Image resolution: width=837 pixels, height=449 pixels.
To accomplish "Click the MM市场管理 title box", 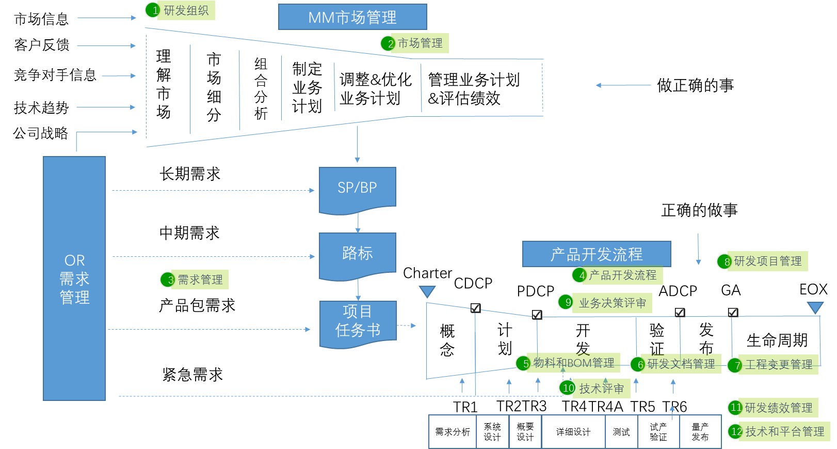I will (x=352, y=17).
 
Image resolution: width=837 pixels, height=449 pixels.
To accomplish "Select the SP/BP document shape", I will (x=357, y=189).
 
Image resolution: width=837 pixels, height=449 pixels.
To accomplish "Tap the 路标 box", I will (x=357, y=254).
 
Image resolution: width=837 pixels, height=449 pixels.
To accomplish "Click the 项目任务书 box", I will (x=358, y=322).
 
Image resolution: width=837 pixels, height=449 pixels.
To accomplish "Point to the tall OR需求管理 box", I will (x=74, y=278).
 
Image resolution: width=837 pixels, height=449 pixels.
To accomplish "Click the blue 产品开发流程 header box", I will (x=597, y=254).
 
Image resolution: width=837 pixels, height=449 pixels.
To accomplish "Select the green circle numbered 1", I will (x=153, y=10).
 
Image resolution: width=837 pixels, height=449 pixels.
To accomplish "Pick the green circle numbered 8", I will (x=725, y=261).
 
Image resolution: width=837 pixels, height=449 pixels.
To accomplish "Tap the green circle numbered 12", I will (x=735, y=431).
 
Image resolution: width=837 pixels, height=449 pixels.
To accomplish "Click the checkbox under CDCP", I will (x=476, y=308).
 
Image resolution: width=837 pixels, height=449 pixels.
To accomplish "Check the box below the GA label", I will (x=733, y=312).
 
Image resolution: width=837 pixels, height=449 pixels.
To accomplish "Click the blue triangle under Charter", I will (x=427, y=292).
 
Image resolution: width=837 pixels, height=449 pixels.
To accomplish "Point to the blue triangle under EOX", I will (x=815, y=308).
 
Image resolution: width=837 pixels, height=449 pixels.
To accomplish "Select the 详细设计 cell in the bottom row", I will (x=573, y=432).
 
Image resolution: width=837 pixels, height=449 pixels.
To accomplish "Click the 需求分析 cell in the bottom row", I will (x=453, y=432).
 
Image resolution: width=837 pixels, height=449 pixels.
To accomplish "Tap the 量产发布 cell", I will (x=700, y=432).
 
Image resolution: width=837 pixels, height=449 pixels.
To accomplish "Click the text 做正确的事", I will (x=695, y=85).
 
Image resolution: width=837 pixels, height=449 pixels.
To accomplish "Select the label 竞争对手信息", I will (x=55, y=75).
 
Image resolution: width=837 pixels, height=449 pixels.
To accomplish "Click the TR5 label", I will (x=642, y=407).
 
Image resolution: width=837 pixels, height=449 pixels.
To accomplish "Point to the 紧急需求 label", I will (x=192, y=375).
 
